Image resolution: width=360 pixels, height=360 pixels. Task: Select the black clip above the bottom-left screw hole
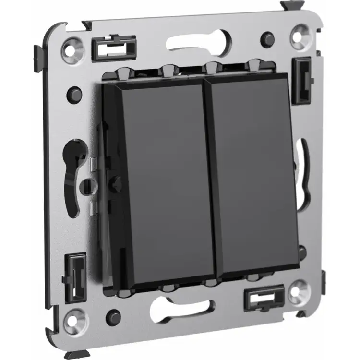tap(77, 272)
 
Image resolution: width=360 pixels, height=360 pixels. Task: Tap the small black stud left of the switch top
tap(74, 91)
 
